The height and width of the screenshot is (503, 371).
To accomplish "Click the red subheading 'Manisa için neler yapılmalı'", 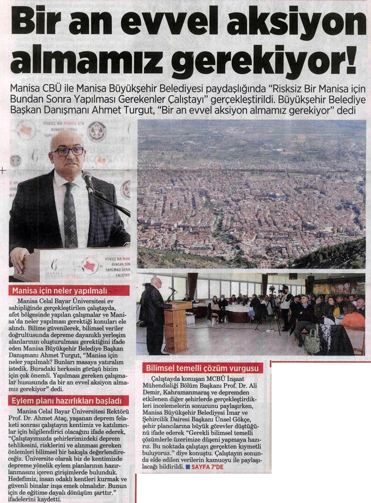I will [69, 291].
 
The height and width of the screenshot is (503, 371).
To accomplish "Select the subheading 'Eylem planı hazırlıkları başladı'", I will [69, 401].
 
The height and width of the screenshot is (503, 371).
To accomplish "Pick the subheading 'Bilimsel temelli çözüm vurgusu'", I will [203, 368].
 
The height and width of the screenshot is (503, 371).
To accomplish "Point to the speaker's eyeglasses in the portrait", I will [68, 151].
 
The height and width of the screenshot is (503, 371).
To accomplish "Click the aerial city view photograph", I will [251, 193].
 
